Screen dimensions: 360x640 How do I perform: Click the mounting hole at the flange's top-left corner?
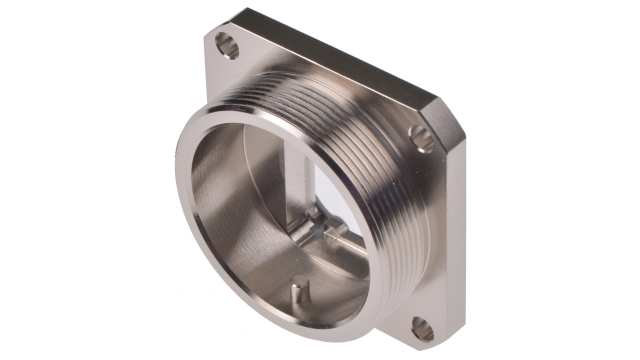(x=227, y=45)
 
